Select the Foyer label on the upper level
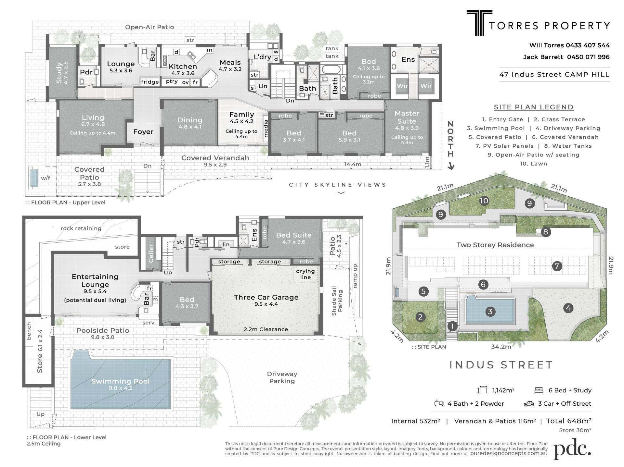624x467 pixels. pyautogui.click(x=143, y=131)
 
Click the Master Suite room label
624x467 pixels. pyautogui.click(x=407, y=117)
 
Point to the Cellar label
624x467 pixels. pyautogui.click(x=151, y=253)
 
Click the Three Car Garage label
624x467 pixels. pyautogui.click(x=266, y=297)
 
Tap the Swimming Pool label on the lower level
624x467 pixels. pyautogui.click(x=121, y=381)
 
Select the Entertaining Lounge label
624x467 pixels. pyautogui.click(x=95, y=280)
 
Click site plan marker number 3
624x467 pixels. pyautogui.click(x=490, y=312)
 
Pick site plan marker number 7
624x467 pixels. pyautogui.click(x=557, y=266)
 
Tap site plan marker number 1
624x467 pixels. pyautogui.click(x=452, y=326)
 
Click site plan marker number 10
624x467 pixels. pyautogui.click(x=484, y=201)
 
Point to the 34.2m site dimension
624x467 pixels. pyautogui.click(x=501, y=347)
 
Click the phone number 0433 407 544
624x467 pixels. pyautogui.click(x=588, y=45)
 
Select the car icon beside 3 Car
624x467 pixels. pyautogui.click(x=529, y=404)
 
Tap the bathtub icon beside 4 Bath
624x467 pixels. pyautogui.click(x=439, y=403)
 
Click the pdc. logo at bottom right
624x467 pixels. pyautogui.click(x=572, y=449)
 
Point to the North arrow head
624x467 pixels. pyautogui.click(x=451, y=167)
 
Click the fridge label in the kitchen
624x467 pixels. pyautogui.click(x=150, y=82)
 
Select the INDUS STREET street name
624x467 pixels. pyautogui.click(x=501, y=365)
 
